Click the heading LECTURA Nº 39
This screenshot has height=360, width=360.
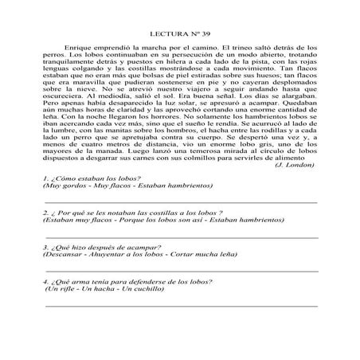pos(179,36)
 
